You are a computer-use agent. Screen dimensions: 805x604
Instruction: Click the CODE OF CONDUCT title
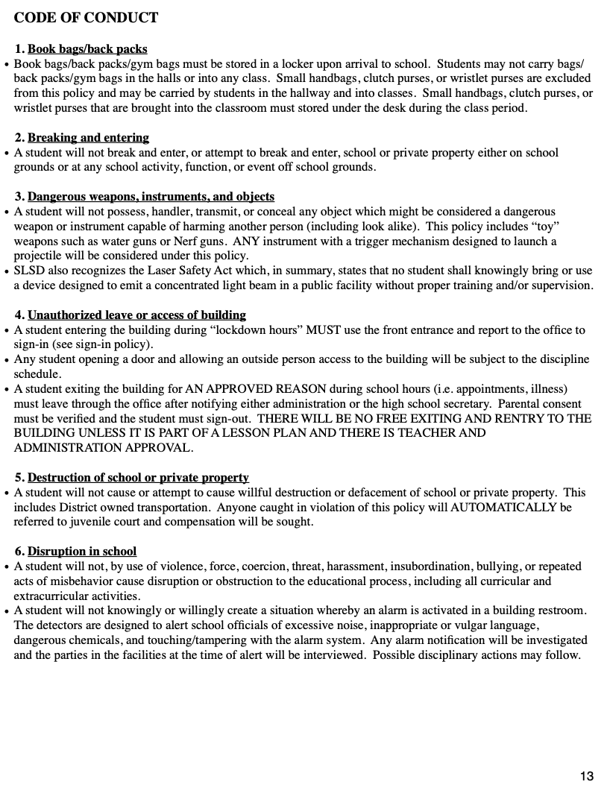(x=86, y=17)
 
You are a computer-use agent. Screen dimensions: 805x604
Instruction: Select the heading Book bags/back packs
(x=87, y=49)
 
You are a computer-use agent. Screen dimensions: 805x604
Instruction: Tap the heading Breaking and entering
(x=88, y=138)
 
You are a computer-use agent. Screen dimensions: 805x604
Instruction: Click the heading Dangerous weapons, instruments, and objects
(x=151, y=197)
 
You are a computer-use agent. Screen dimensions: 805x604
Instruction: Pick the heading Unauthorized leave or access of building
(x=136, y=315)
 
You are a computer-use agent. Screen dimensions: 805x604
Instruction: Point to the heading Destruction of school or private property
(x=138, y=478)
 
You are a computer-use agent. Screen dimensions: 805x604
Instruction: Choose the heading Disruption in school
(x=82, y=552)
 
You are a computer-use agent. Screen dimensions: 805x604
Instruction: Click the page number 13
(x=586, y=777)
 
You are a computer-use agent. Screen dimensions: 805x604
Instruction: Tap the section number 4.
(x=19, y=315)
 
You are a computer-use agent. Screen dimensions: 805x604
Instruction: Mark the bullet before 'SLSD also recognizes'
(x=7, y=271)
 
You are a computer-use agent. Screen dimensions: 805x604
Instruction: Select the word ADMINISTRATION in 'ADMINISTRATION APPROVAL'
(x=66, y=448)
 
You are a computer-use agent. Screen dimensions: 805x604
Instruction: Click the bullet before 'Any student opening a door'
(x=7, y=360)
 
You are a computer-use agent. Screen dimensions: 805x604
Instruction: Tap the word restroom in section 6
(x=564, y=610)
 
